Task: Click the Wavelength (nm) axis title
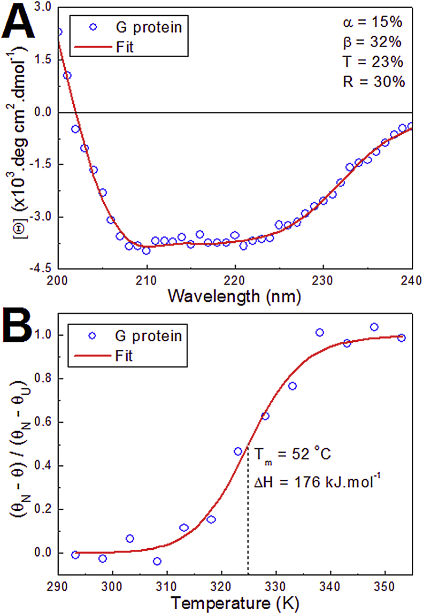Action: (234, 295)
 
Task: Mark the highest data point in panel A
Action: (58, 32)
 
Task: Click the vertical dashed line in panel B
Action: (248, 513)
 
